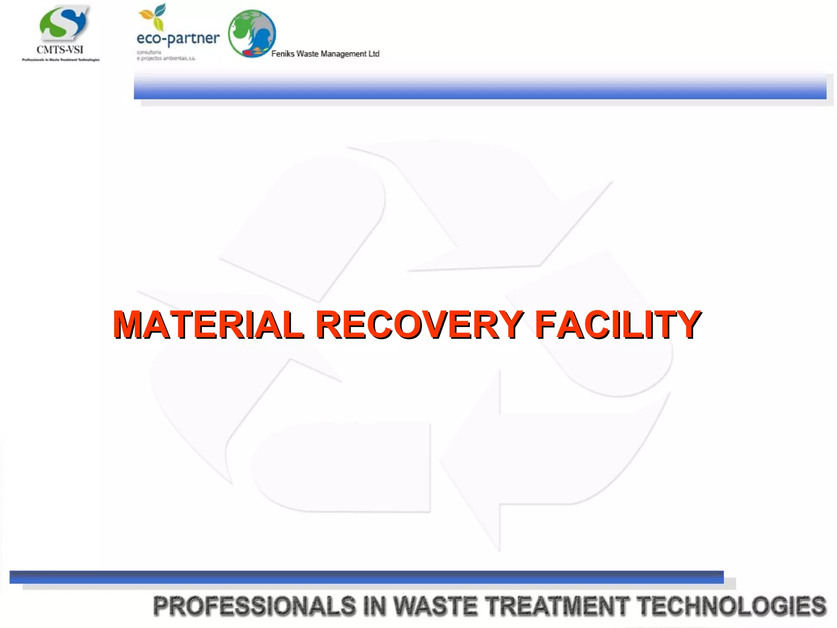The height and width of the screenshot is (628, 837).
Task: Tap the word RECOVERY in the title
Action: coord(419,325)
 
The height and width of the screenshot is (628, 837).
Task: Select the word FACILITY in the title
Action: coord(618,325)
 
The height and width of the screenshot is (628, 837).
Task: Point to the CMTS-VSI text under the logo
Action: coord(60,50)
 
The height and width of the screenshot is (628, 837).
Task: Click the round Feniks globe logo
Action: coord(252,34)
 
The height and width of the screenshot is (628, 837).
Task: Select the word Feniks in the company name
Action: coord(283,54)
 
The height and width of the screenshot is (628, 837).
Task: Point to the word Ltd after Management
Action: coord(374,54)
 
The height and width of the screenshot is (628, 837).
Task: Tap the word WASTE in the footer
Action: coord(435,606)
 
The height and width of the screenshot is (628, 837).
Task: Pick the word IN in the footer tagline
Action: coord(374,606)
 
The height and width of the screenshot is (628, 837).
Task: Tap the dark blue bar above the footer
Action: coord(366,577)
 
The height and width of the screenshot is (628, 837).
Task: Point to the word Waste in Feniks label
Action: coord(307,54)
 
